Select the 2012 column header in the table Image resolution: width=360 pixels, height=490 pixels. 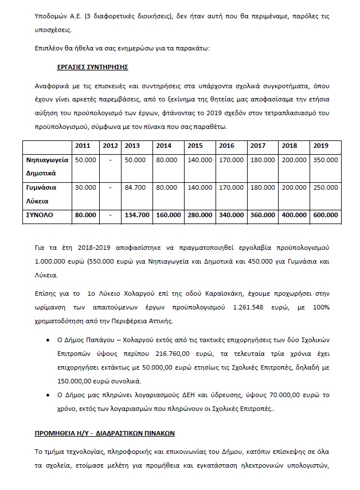109,146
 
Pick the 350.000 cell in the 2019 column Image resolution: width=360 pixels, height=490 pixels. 325,160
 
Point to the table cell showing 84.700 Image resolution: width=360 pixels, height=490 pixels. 136,187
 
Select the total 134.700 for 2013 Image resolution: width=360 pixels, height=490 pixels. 136,215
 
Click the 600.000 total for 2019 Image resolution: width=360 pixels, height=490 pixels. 325,215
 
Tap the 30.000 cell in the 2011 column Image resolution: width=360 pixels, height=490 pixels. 85,187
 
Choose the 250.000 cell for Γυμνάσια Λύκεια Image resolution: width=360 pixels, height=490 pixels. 325,187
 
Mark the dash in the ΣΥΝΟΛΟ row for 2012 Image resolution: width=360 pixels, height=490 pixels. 109,215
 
